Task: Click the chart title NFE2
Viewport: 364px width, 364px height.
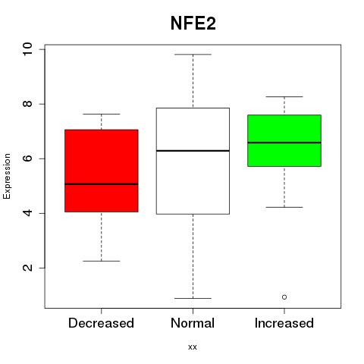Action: pos(193,24)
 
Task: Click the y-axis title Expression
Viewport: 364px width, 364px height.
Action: pos(7,177)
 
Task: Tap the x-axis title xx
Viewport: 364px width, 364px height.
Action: pos(193,347)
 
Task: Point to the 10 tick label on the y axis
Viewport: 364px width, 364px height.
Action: pos(27,49)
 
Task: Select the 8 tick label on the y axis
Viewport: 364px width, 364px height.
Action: pos(27,104)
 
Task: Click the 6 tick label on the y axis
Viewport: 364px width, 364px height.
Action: pos(27,158)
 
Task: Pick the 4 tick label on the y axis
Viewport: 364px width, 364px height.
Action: pos(27,213)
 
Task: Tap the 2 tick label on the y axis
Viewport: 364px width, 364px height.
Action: pos(27,268)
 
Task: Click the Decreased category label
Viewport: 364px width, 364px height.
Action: pos(101,323)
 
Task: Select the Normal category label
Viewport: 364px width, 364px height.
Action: pos(193,323)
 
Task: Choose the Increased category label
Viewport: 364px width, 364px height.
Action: pos(284,323)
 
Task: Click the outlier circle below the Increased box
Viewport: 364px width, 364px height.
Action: pos(284,297)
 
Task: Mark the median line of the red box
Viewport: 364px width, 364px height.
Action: pos(102,184)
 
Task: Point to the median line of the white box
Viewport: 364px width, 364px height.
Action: pos(193,151)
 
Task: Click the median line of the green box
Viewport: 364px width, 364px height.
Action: pos(284,143)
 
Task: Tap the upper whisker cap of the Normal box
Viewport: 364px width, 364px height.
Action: pos(193,55)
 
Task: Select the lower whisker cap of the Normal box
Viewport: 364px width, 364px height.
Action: pos(193,298)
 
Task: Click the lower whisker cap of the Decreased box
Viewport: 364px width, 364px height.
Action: pos(102,261)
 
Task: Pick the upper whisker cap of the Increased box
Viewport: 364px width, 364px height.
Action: pos(284,96)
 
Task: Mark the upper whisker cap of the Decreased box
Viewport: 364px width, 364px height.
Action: pos(102,114)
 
